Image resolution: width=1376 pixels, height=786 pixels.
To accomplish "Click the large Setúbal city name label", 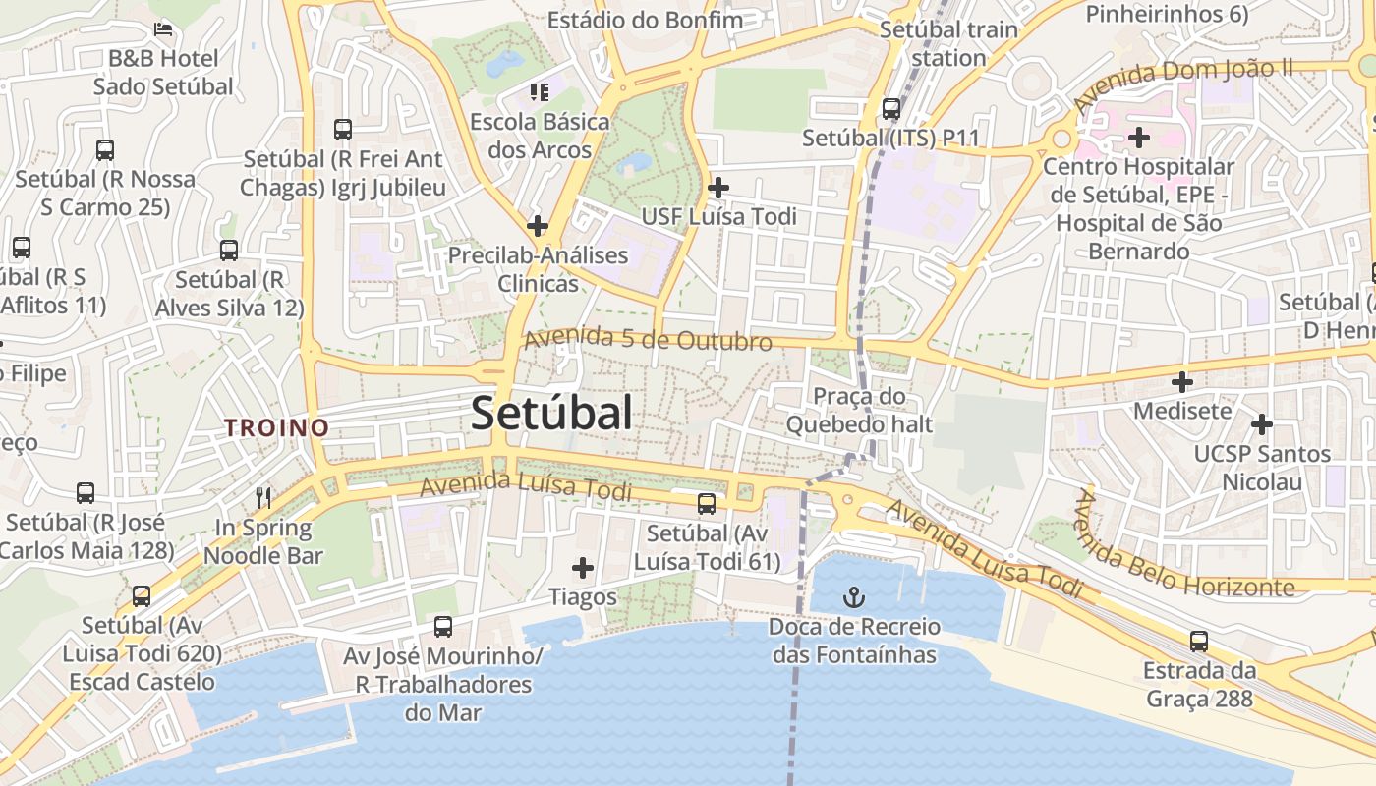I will pyautogui.click(x=551, y=414).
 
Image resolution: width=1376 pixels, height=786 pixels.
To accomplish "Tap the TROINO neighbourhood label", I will pyautogui.click(x=276, y=428).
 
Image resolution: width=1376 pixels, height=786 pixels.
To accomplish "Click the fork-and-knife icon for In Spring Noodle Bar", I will pyautogui.click(x=263, y=498).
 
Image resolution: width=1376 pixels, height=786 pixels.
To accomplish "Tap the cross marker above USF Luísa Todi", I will pyautogui.click(x=718, y=187).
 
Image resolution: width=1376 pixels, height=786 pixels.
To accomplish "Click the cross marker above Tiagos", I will pyautogui.click(x=583, y=567).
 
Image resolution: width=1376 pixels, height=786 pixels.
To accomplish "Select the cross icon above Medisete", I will pyautogui.click(x=1182, y=381).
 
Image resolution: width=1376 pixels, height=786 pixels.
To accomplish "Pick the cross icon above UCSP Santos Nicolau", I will pyautogui.click(x=1262, y=424).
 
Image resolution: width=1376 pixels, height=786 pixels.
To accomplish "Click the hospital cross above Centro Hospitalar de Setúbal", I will pyautogui.click(x=1139, y=138).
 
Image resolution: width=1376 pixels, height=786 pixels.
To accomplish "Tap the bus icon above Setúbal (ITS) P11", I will pyautogui.click(x=891, y=109).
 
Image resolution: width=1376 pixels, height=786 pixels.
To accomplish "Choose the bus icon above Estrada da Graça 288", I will pyautogui.click(x=1199, y=642).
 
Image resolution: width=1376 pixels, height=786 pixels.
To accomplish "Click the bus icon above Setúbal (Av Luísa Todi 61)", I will pyautogui.click(x=707, y=504).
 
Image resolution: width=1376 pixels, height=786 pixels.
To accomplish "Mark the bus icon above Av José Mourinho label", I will pyautogui.click(x=443, y=626).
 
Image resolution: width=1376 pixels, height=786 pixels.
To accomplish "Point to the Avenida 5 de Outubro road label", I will pyautogui.click(x=648, y=340).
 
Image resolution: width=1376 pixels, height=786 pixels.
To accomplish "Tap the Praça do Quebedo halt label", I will pyautogui.click(x=859, y=411).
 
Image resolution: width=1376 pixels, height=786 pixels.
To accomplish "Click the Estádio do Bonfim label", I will pyautogui.click(x=646, y=20).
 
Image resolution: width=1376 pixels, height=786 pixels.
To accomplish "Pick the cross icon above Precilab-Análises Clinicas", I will pyautogui.click(x=538, y=226).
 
